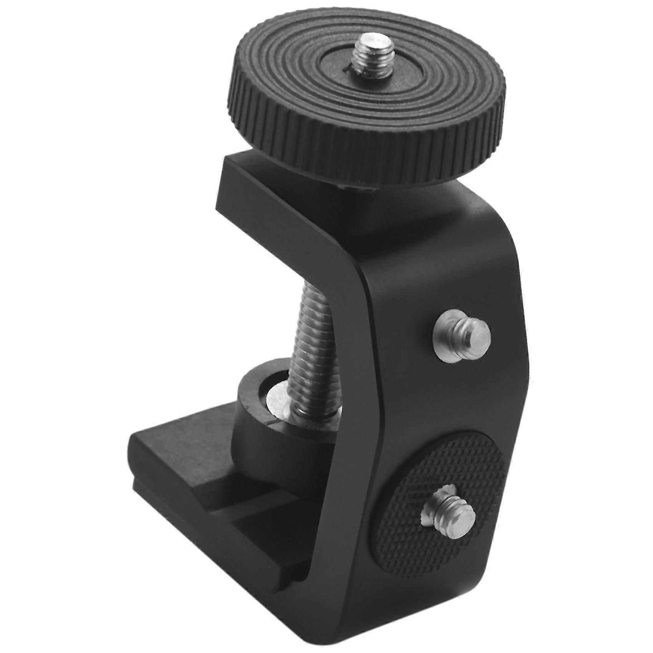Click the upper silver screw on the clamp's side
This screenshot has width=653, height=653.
pos(461,337)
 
